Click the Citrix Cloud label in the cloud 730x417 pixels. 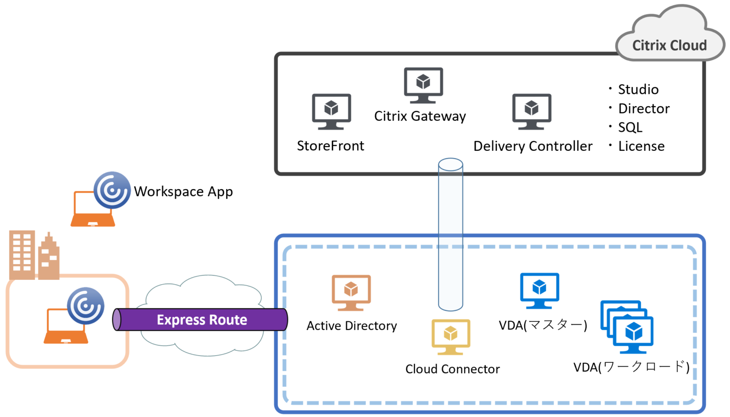(x=669, y=45)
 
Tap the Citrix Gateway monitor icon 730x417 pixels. (x=423, y=85)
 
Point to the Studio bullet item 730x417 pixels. (x=638, y=89)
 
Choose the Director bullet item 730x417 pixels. (x=644, y=109)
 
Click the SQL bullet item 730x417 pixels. (x=630, y=128)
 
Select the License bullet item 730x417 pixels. (x=641, y=146)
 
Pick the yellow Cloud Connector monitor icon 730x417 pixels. (x=451, y=337)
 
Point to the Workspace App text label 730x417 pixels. (x=183, y=191)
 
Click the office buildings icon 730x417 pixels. (x=34, y=256)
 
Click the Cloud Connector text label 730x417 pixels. (x=452, y=369)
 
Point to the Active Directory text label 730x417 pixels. (x=351, y=326)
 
